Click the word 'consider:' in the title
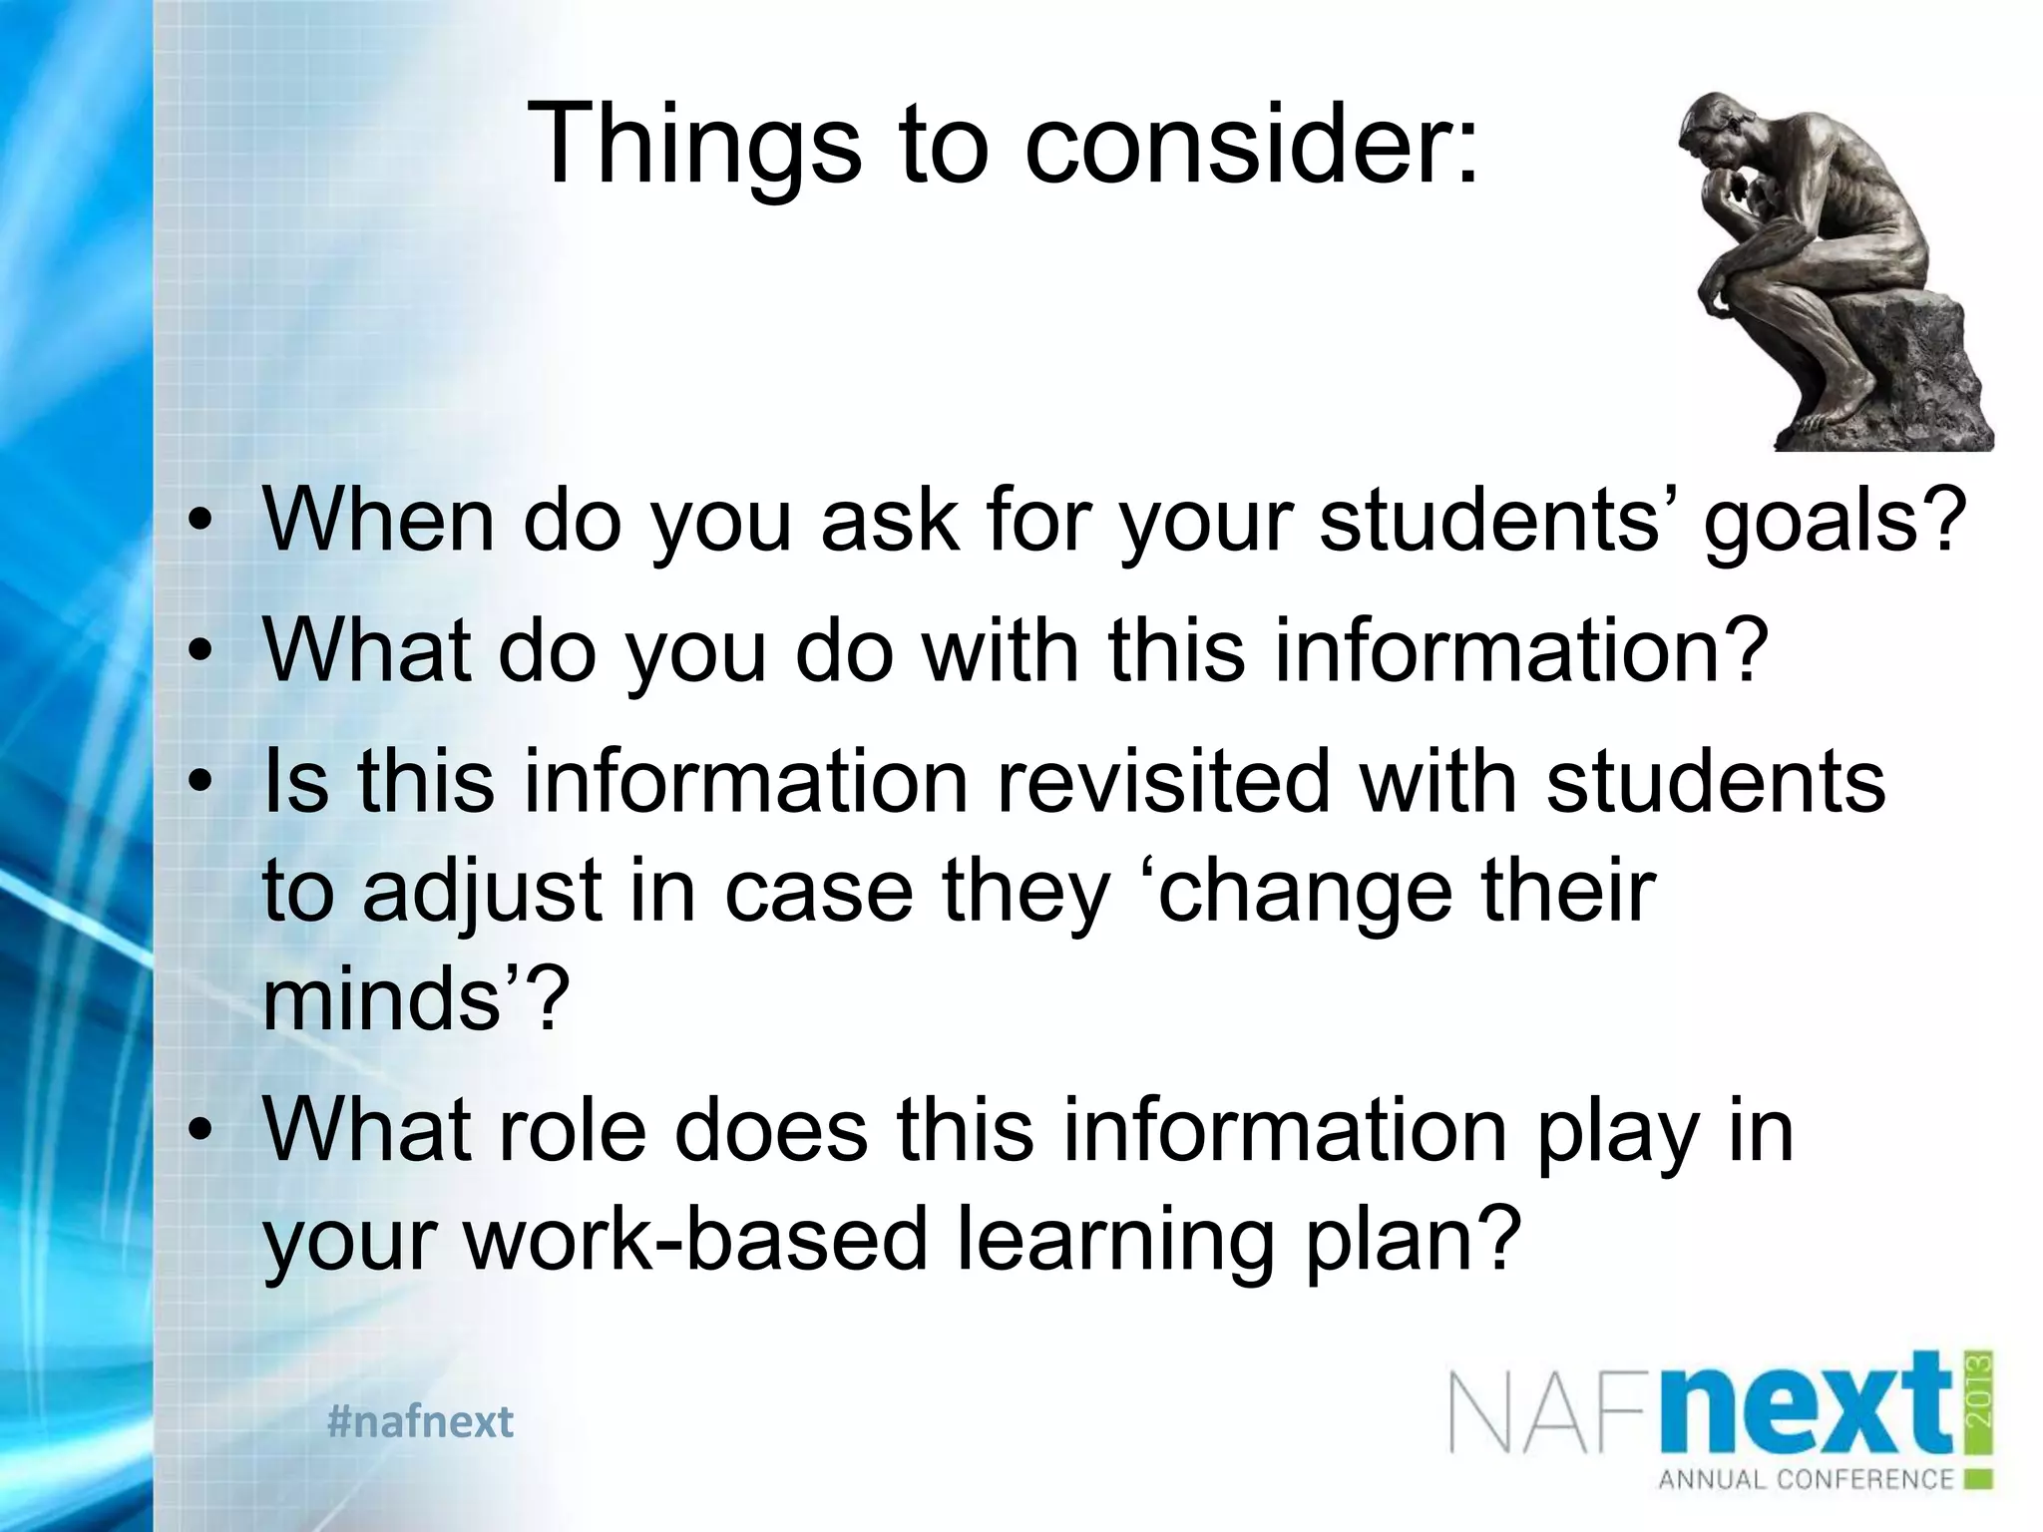1251,144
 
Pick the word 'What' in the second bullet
366,650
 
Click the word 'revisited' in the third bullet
1163,781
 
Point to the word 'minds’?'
415,999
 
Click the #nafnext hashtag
420,1421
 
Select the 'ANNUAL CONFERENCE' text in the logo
1805,1478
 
